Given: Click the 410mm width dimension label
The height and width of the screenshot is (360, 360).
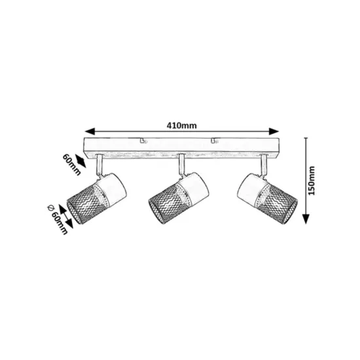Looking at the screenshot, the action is pos(181,126).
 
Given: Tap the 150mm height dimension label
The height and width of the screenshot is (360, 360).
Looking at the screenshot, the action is pos(312,181).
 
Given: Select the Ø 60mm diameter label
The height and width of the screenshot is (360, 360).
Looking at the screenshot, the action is pos(58,219).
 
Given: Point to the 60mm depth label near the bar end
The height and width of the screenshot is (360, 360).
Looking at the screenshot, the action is pos(71,165).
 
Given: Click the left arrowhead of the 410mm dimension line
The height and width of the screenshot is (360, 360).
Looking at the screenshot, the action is pos(90,132).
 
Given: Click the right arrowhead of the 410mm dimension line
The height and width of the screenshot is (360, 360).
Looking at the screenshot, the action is pos(274,132).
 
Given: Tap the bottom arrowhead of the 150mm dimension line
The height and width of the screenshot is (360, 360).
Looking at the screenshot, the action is pos(306,219).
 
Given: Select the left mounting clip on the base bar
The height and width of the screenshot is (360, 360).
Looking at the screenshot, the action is pos(143,141).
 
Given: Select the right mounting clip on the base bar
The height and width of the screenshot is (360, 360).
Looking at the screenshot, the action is pos(214,141).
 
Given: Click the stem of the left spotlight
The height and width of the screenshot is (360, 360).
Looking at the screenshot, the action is pos(100,166).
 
